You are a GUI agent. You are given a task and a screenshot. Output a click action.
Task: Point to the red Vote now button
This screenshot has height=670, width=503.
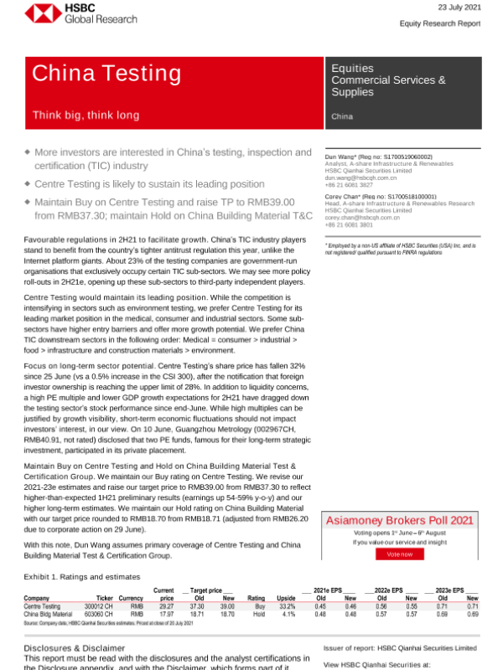tap(400, 554)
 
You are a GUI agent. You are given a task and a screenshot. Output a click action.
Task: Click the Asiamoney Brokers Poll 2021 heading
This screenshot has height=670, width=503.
tap(399, 520)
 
